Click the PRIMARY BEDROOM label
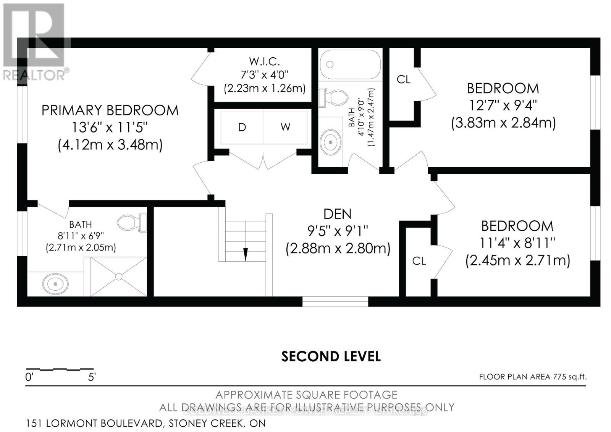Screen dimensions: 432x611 click(x=110, y=110)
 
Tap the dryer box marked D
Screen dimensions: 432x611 click(x=242, y=127)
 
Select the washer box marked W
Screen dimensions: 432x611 click(x=285, y=127)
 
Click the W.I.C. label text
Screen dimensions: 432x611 click(x=264, y=61)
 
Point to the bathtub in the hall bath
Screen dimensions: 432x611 click(x=350, y=65)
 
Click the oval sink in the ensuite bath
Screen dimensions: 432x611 click(x=55, y=284)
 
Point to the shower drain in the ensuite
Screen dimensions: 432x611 click(x=118, y=276)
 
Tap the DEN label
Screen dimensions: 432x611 click(x=338, y=214)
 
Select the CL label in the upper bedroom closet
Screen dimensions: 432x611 click(x=403, y=79)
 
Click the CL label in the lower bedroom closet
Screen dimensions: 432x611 click(x=419, y=261)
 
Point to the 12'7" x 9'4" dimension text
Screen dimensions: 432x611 click(x=503, y=105)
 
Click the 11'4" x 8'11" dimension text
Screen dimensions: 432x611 click(x=517, y=243)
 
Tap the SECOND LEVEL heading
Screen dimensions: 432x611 click(x=331, y=356)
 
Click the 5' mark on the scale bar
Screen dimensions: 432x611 click(x=92, y=377)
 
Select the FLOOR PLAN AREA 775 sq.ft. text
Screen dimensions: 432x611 click(x=533, y=377)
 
